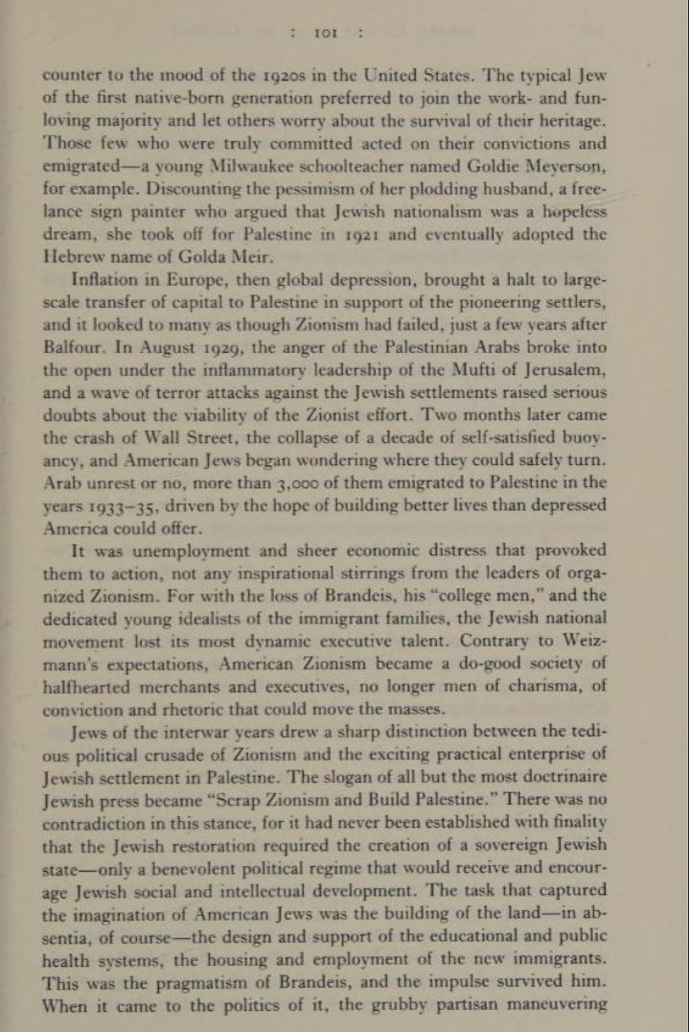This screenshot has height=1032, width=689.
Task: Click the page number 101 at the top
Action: click(326, 33)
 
